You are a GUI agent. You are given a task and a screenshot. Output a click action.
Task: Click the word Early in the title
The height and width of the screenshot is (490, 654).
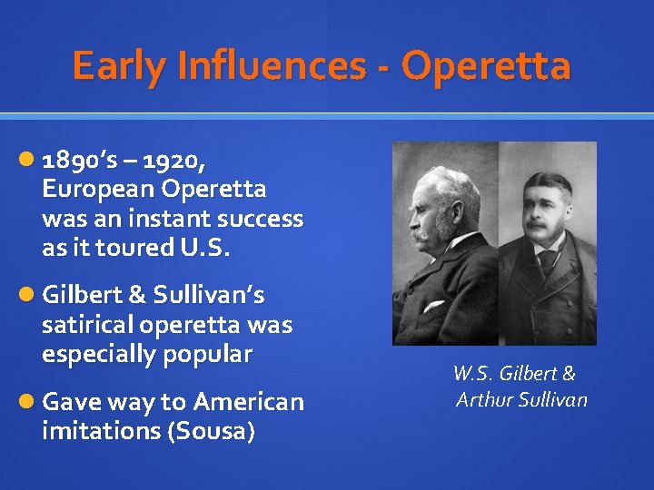[x=115, y=67]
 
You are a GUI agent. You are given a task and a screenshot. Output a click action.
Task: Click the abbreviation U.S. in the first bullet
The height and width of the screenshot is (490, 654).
[x=206, y=248]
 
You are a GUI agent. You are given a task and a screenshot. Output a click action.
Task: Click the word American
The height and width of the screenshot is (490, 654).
[x=248, y=401]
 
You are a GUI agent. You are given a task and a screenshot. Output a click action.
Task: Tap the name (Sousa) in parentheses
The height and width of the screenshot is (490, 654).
[x=211, y=431]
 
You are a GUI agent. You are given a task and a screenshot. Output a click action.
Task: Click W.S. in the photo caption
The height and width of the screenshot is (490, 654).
[x=471, y=374]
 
